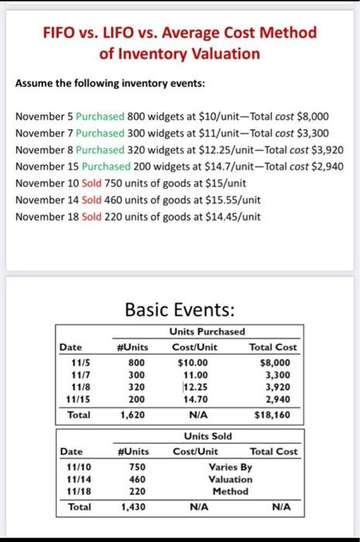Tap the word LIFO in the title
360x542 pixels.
click(x=127, y=33)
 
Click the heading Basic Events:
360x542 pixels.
click(x=180, y=310)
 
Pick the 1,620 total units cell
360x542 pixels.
click(x=135, y=415)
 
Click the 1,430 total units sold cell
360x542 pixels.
click(x=135, y=507)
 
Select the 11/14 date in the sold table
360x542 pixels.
click(x=81, y=479)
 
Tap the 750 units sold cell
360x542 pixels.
click(x=137, y=468)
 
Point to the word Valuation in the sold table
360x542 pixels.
click(x=230, y=479)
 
